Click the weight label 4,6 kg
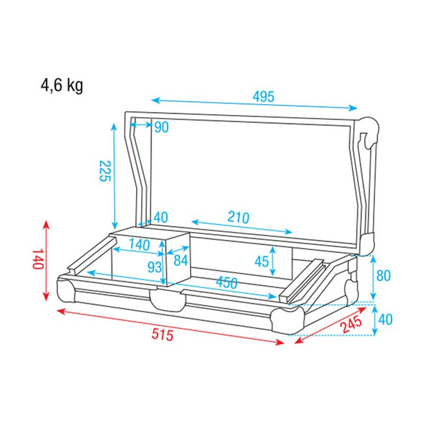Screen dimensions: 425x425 coord(62,85)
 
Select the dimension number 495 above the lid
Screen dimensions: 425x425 coord(263,97)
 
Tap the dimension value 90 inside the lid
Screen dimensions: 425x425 coord(161,127)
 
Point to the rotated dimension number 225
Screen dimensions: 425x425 coord(104,171)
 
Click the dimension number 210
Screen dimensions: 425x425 coord(239,218)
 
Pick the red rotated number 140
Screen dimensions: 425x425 coord(37,259)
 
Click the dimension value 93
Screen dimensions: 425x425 coord(155,267)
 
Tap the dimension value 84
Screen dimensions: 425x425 coord(181,261)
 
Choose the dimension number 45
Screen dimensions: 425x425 coord(261,261)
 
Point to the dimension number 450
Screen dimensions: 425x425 coord(227,284)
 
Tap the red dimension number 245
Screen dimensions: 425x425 coord(352,322)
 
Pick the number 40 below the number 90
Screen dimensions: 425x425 coord(160,217)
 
